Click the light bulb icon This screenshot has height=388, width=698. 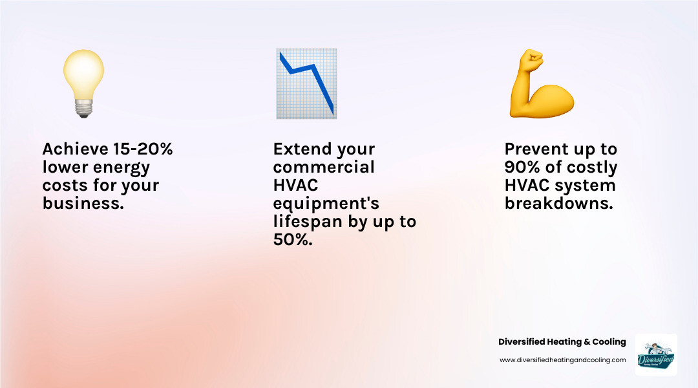coord(83,78)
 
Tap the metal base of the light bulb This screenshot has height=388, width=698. coord(83,109)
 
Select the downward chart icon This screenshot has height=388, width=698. coord(306,83)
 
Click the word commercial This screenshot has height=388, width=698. coord(324,167)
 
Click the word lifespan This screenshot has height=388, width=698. coord(306,222)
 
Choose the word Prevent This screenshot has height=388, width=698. coord(536,149)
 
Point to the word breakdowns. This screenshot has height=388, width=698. coord(557,204)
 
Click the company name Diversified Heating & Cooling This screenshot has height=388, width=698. coord(562,341)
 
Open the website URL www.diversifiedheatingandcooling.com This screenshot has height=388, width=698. coord(562,360)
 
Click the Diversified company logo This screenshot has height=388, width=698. coord(656,354)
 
